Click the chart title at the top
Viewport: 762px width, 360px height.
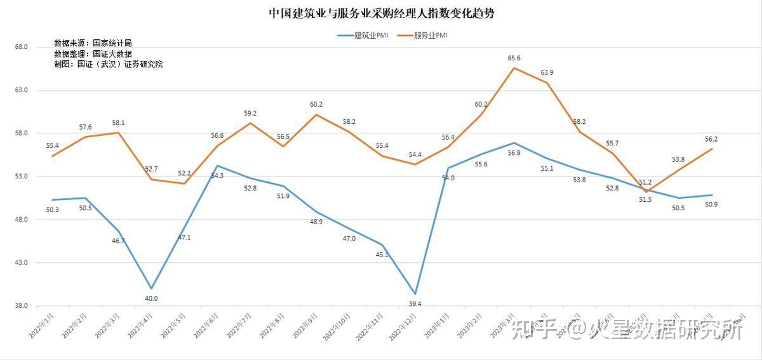point(381,13)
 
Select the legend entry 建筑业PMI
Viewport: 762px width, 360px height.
point(363,36)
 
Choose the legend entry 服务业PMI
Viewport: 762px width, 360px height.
point(422,36)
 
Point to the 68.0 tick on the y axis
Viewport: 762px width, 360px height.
point(20,47)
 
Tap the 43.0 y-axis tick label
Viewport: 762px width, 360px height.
point(20,262)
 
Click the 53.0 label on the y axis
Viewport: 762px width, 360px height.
point(20,177)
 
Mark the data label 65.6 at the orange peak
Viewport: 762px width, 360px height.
point(514,58)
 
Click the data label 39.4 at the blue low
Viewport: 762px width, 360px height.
point(415,304)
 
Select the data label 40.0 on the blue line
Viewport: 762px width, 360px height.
point(151,298)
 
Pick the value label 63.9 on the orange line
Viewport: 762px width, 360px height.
point(547,72)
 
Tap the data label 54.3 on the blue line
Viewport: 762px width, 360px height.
point(217,175)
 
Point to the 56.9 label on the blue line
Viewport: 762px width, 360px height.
point(514,153)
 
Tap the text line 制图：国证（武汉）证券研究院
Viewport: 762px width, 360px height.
point(109,64)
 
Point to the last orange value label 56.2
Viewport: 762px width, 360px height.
point(711,139)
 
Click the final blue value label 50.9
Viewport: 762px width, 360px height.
point(712,204)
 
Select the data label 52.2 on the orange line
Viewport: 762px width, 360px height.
point(184,173)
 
